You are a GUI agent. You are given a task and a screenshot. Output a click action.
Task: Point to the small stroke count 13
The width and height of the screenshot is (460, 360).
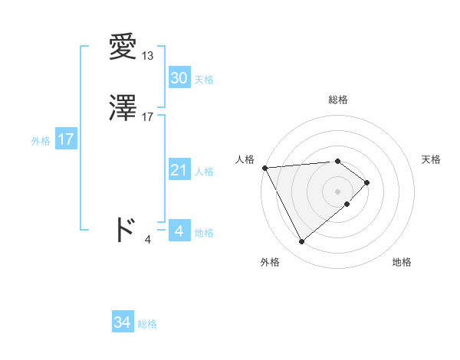click(148, 56)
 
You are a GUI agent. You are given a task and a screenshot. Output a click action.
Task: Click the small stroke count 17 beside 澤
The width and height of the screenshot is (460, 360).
click(148, 117)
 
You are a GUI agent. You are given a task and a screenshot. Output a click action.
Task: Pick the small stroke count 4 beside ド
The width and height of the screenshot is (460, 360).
click(148, 240)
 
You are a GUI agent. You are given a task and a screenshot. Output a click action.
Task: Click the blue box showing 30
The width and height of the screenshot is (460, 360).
click(179, 78)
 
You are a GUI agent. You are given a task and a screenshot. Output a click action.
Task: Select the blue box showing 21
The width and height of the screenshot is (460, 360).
click(179, 170)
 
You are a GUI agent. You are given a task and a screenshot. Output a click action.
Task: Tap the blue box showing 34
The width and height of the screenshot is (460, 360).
click(122, 323)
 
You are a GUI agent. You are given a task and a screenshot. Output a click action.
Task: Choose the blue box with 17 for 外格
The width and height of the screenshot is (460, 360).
click(65, 139)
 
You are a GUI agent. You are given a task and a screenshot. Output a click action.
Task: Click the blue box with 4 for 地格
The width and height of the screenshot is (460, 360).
click(179, 231)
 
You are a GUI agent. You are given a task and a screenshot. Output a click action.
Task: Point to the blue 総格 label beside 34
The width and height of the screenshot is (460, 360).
click(147, 324)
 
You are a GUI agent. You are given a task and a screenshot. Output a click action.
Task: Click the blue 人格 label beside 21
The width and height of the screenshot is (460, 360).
click(205, 171)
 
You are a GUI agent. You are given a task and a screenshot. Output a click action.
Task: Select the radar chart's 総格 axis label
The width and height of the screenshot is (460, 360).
click(338, 100)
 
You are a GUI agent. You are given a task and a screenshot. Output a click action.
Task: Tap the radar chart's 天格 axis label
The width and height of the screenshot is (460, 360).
click(432, 159)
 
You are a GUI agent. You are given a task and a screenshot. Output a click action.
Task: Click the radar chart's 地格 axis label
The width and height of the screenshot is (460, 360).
click(402, 262)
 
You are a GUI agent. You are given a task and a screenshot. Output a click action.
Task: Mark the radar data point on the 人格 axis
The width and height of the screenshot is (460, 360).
click(264, 167)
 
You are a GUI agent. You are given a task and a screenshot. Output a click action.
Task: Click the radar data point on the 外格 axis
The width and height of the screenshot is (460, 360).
click(301, 242)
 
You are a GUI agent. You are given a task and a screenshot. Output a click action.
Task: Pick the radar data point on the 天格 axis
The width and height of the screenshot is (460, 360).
click(367, 182)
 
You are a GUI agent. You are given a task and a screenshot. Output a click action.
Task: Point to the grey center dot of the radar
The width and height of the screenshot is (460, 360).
click(338, 191)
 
